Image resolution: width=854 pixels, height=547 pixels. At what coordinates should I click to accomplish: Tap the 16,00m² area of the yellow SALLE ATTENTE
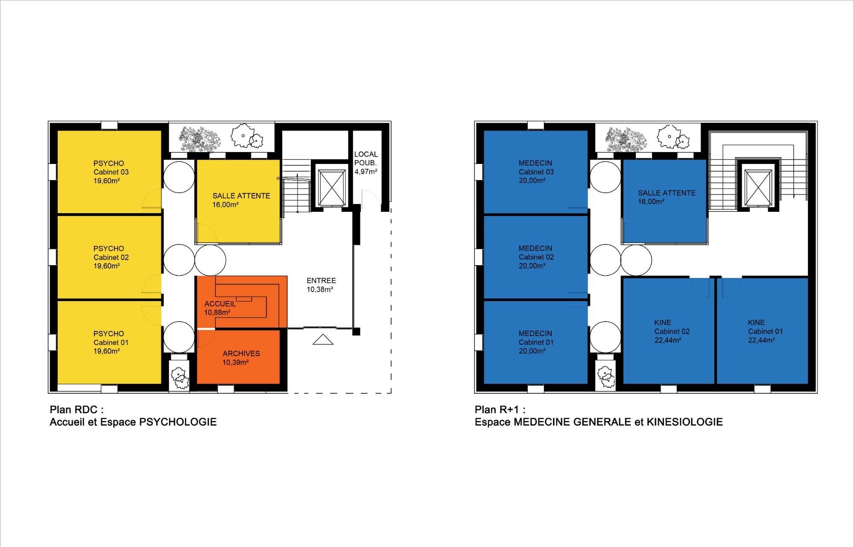[225, 205]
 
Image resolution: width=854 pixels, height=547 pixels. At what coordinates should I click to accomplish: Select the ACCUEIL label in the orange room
[220, 304]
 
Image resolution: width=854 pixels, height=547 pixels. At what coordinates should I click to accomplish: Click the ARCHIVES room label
[241, 354]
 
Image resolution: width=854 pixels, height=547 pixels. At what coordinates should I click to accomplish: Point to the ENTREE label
[321, 281]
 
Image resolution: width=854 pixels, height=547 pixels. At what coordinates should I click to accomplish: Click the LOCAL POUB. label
[366, 158]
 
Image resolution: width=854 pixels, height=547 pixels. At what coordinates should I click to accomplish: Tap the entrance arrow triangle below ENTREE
[323, 339]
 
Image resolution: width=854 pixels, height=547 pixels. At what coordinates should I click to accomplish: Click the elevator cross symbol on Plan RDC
[332, 187]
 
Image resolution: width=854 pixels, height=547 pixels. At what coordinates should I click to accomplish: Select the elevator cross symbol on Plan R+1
[758, 187]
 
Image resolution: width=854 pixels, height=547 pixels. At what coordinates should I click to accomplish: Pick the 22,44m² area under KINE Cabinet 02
[668, 340]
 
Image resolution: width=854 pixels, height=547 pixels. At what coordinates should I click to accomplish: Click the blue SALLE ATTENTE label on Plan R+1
[667, 193]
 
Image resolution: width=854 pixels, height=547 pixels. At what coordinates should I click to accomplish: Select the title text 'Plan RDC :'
[76, 410]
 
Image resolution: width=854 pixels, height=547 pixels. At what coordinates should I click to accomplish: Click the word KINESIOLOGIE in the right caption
[684, 422]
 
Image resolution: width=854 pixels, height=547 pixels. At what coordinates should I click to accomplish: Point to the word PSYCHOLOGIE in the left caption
[178, 422]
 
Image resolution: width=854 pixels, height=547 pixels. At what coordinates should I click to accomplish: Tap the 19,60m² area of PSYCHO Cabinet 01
[107, 351]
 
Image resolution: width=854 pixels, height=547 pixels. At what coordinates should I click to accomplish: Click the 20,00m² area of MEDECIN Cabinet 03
[532, 181]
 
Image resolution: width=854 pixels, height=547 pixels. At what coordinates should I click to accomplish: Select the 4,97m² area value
[366, 172]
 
